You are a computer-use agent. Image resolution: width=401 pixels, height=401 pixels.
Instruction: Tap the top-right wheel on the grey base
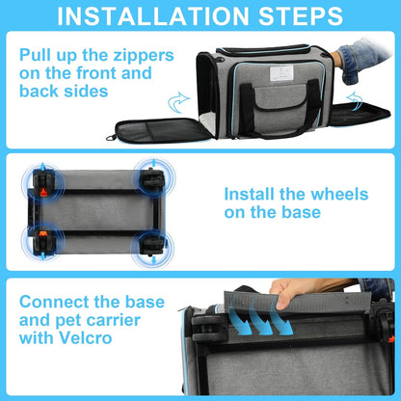[x=151, y=178]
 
